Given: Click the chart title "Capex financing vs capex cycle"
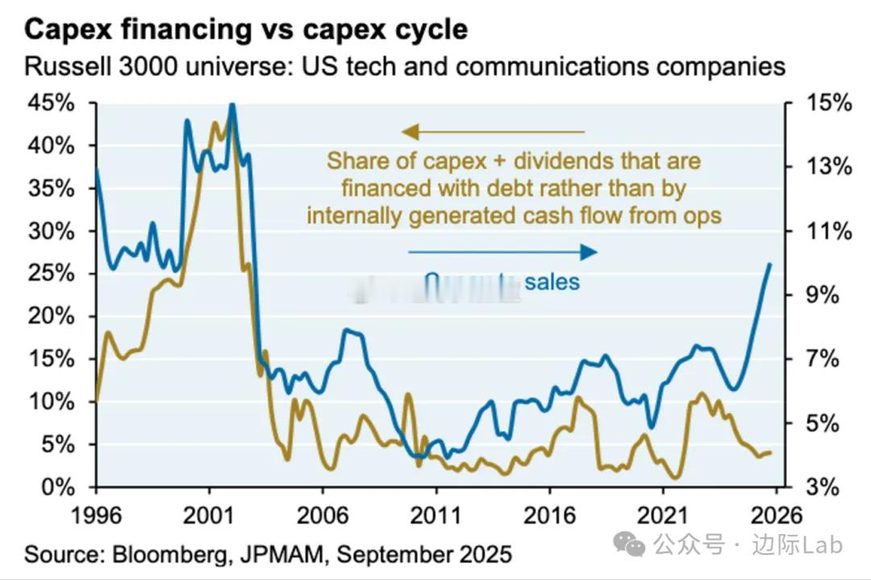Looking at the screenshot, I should [x=246, y=29].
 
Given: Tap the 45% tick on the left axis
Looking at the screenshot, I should [x=52, y=103].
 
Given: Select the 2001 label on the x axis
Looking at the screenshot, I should [x=209, y=515].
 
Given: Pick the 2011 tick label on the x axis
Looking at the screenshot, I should [x=435, y=515].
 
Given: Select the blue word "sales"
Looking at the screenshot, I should [x=552, y=282].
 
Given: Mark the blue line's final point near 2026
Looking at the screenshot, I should [x=770, y=264].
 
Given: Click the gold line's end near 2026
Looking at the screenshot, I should [x=771, y=453].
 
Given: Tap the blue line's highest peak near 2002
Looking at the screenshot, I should [x=232, y=105].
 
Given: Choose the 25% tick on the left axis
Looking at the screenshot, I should [x=52, y=273].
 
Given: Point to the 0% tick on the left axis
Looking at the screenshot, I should [x=58, y=487].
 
